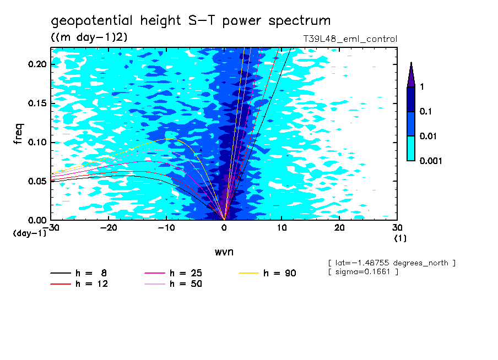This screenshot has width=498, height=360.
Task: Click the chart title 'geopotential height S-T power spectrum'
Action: pos(191,21)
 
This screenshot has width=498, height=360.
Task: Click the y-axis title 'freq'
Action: pos(18,134)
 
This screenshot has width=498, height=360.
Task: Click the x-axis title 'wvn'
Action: pos(224,252)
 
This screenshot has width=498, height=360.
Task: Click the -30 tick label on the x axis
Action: pos(53,228)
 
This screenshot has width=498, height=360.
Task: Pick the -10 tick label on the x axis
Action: pos(166,228)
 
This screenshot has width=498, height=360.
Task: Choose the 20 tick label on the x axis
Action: pos(339,228)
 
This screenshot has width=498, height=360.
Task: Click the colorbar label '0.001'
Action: pos(430,161)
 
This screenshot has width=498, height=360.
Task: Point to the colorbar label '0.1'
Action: pos(426,112)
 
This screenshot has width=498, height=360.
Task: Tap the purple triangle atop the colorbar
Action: pos(411,75)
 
